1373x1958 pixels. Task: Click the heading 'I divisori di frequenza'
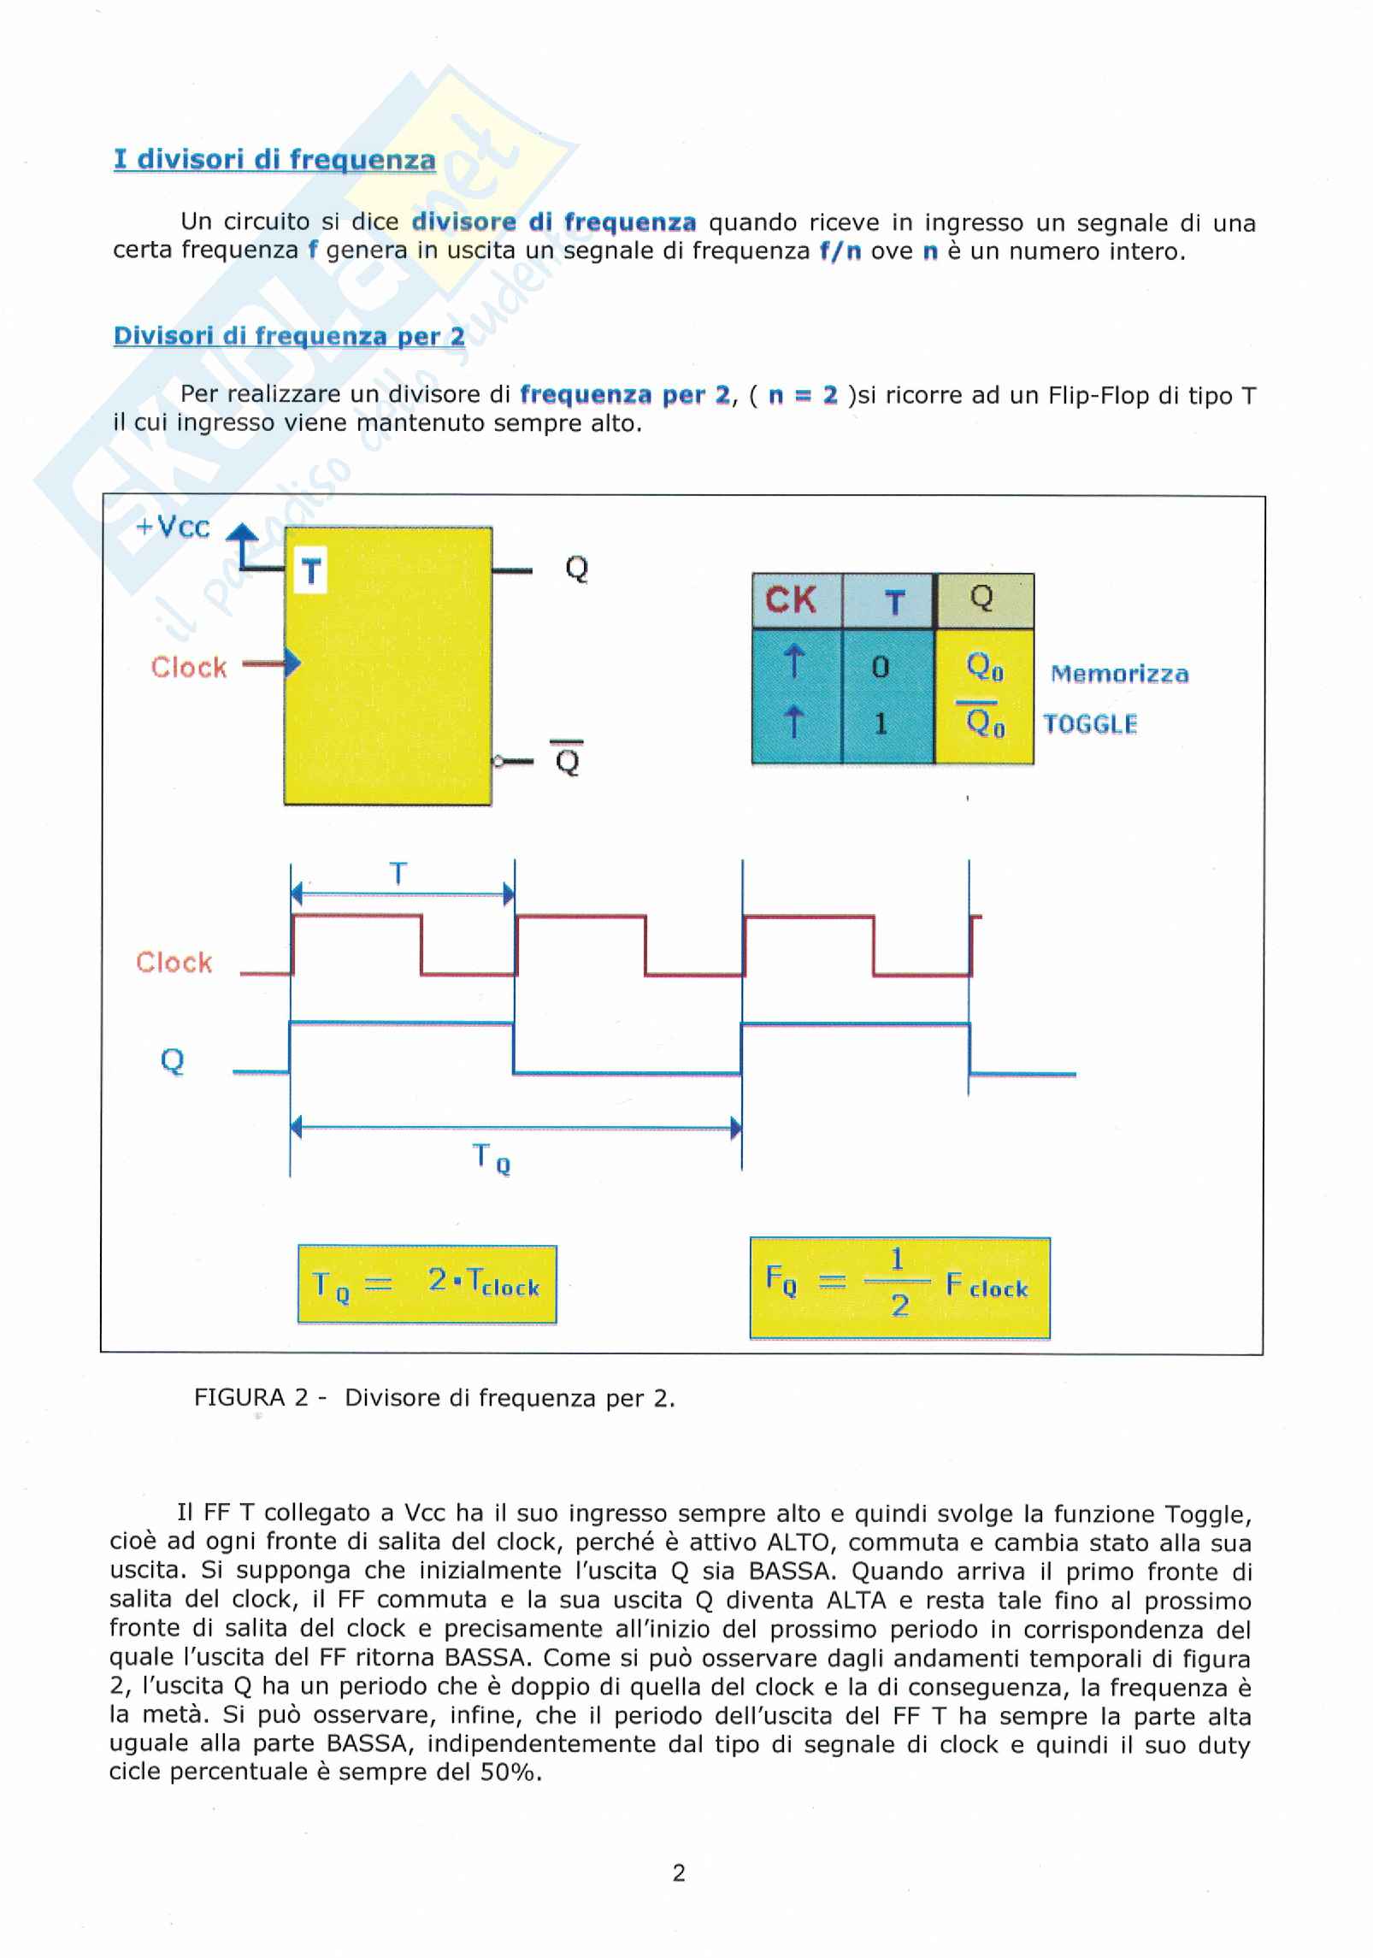click(274, 160)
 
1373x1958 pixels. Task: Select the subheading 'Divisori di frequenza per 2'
click(289, 336)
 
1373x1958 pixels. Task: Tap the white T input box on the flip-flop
click(311, 570)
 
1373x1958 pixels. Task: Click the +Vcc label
click(173, 527)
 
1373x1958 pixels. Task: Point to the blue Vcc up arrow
click(244, 545)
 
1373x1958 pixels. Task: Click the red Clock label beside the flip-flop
click(189, 667)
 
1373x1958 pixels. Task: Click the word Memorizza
click(1119, 674)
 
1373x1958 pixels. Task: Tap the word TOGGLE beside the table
click(1090, 724)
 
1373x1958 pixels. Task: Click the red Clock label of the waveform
click(174, 963)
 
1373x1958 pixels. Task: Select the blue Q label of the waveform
click(173, 1060)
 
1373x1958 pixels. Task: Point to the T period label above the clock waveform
click(398, 874)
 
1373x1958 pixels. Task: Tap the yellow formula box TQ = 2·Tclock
click(427, 1283)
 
